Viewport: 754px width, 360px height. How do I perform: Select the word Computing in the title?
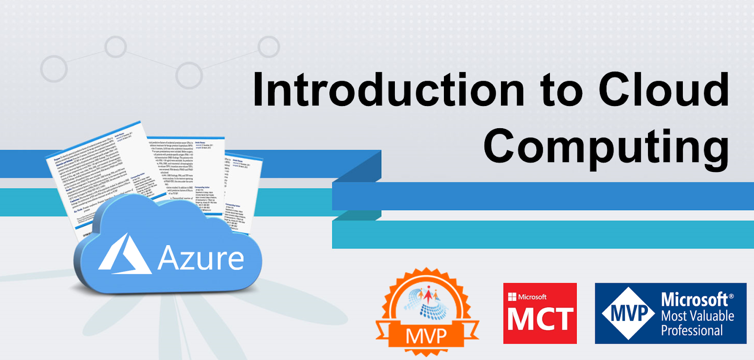pyautogui.click(x=606, y=146)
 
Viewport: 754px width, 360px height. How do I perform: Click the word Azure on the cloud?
pyautogui.click(x=201, y=258)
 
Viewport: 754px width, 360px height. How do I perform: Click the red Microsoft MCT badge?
pyautogui.click(x=540, y=313)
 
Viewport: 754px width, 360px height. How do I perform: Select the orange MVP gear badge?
pyautogui.click(x=427, y=311)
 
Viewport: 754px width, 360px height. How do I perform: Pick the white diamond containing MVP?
pyautogui.click(x=629, y=313)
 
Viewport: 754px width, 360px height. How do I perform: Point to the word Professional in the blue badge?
pyautogui.click(x=692, y=330)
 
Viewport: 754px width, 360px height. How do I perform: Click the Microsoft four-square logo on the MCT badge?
pyautogui.click(x=512, y=297)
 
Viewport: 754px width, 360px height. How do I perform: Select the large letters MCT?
pyautogui.click(x=540, y=319)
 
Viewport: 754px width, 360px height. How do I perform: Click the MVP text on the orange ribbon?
pyautogui.click(x=426, y=336)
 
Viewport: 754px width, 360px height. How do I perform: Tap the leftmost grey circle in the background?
pyautogui.click(x=54, y=69)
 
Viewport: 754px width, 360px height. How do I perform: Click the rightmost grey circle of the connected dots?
pyautogui.click(x=269, y=47)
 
